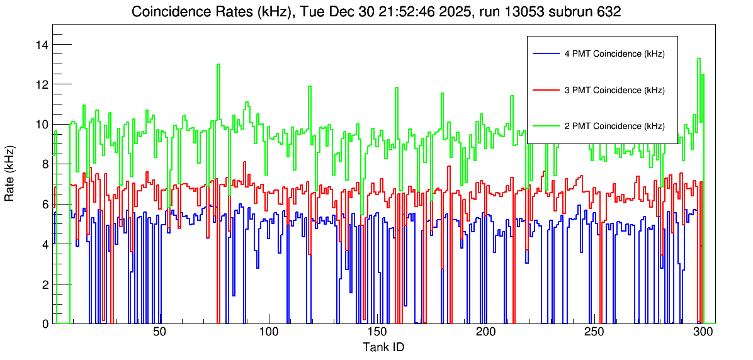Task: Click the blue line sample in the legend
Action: click(545, 54)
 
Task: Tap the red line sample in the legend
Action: click(545, 90)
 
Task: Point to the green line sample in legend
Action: click(545, 126)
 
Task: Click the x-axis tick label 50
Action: click(159, 332)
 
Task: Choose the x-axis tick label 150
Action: click(376, 332)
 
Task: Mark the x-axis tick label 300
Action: click(703, 332)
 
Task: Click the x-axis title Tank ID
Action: click(383, 347)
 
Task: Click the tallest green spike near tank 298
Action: click(699, 59)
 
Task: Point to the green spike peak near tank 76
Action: click(218, 65)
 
